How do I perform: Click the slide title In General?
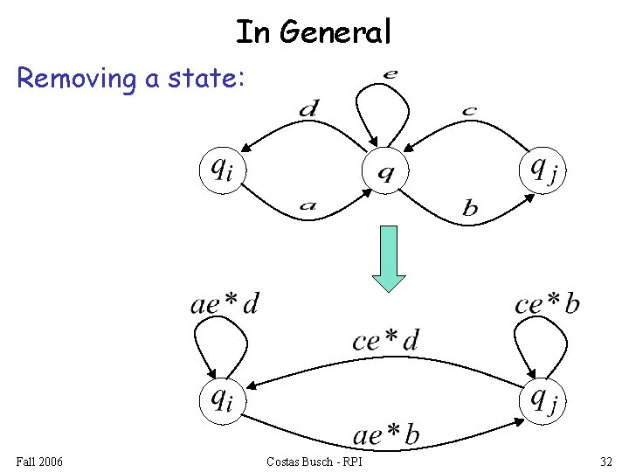314,32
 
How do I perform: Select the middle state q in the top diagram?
384,171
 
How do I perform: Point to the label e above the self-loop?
389,74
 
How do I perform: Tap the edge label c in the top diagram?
469,111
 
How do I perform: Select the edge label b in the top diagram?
470,208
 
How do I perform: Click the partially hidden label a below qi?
307,207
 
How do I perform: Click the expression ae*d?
225,303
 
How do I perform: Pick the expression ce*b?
547,303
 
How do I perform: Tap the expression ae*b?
385,434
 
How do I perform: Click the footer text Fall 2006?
39,461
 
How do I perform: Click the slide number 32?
606,461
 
